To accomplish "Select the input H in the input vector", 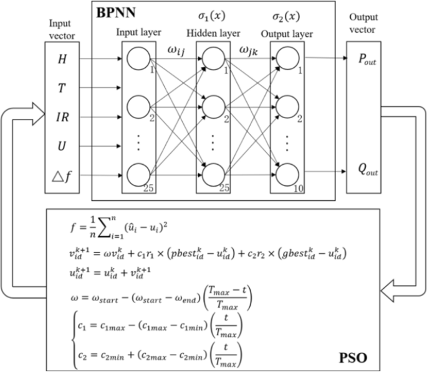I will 62,60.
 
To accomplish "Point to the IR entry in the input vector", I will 62,116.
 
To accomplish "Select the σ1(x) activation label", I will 211,12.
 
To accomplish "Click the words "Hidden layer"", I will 213,31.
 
